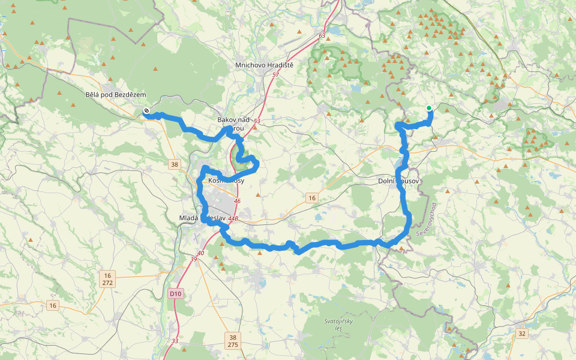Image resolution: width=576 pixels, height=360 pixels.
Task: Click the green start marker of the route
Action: pyautogui.click(x=429, y=108)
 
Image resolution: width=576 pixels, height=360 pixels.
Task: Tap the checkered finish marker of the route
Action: pyautogui.click(x=146, y=110)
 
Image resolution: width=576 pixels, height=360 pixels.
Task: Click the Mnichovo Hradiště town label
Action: pyautogui.click(x=264, y=65)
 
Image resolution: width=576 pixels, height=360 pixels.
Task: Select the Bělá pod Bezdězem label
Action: pyautogui.click(x=116, y=95)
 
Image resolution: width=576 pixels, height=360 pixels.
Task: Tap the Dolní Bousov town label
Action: pyautogui.click(x=398, y=181)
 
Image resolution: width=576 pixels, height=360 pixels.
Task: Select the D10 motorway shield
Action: pyautogui.click(x=175, y=293)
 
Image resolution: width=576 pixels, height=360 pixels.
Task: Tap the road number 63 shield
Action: pyautogui.click(x=322, y=36)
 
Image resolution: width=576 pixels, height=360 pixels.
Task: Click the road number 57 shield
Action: pyautogui.click(x=275, y=74)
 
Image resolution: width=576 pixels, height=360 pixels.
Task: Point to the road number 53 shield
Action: pyautogui.click(x=257, y=121)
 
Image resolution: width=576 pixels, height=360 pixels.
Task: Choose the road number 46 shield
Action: pyautogui.click(x=238, y=201)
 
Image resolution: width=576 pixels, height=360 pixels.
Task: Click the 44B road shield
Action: pyautogui.click(x=233, y=219)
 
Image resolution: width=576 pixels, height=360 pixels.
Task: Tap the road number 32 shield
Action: pyautogui.click(x=522, y=334)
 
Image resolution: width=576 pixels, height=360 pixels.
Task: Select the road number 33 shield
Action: pyautogui.click(x=175, y=341)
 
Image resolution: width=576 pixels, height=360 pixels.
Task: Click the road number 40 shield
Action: pyautogui.click(x=200, y=253)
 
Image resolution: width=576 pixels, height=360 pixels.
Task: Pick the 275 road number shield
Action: pyautogui.click(x=233, y=345)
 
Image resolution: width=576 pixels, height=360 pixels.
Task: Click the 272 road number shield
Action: pyautogui.click(x=107, y=281)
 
